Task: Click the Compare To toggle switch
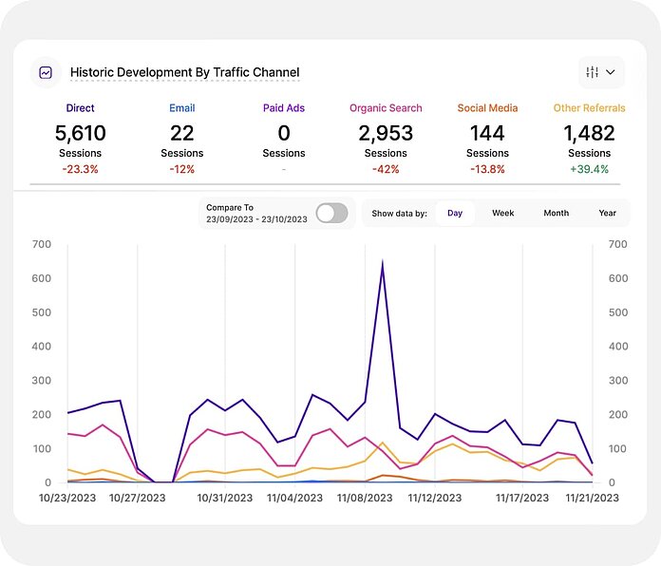tap(331, 213)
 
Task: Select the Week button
tap(502, 213)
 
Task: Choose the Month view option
tap(556, 213)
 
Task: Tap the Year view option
tap(607, 213)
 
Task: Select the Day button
tap(455, 213)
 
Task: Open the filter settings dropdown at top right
tap(600, 72)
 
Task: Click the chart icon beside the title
tap(46, 72)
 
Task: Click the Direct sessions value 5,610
tap(81, 133)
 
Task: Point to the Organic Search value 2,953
tap(386, 133)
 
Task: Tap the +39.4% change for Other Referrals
tap(589, 169)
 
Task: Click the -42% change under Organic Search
tap(386, 169)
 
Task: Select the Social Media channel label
tap(487, 108)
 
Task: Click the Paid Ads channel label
tap(284, 108)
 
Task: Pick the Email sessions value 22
tap(182, 133)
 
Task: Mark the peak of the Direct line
tap(382, 263)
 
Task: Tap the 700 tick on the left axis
tap(41, 244)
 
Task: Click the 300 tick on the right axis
tap(617, 381)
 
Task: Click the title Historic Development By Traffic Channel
tap(184, 72)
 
